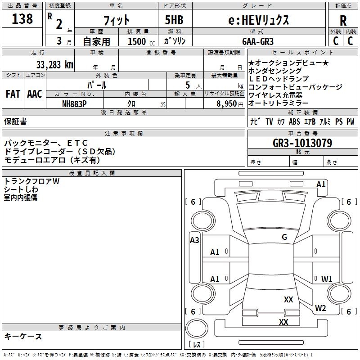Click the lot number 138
point(23,19)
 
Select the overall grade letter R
point(343,21)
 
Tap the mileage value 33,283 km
point(54,64)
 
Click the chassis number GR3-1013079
point(302,143)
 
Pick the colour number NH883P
point(74,103)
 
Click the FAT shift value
point(13,94)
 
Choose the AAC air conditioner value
point(34,94)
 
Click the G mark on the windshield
point(284,237)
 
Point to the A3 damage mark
point(194,240)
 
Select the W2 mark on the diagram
point(320,308)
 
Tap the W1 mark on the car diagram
point(327,279)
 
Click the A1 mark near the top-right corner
point(321,184)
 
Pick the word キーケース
point(23,337)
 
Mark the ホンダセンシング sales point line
point(275,71)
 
